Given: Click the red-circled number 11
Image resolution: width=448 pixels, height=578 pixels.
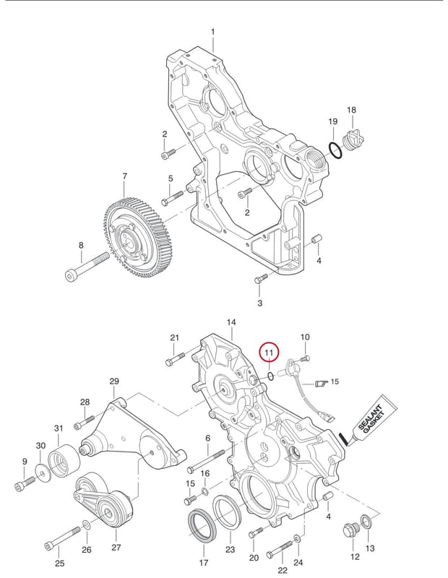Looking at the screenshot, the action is click(270, 353).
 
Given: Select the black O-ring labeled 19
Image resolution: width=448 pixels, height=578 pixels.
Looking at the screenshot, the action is click(335, 151).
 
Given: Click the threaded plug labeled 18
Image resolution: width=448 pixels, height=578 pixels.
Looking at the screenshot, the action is click(353, 141).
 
